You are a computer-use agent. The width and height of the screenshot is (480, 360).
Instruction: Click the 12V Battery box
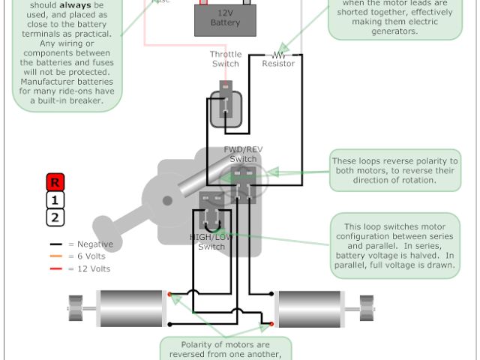click(x=224, y=19)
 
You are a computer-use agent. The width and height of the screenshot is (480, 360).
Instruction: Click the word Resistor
click(x=278, y=64)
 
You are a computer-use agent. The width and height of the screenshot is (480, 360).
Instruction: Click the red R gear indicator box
click(x=55, y=181)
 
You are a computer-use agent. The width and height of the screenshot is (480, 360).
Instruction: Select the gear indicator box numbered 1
click(x=55, y=199)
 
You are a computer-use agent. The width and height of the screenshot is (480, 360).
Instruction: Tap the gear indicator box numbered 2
click(x=55, y=218)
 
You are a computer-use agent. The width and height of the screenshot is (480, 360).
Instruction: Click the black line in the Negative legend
click(x=55, y=244)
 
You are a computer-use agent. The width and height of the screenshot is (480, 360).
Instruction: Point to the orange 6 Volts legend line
click(x=55, y=256)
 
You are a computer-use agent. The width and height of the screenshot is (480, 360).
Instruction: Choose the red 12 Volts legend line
click(x=55, y=268)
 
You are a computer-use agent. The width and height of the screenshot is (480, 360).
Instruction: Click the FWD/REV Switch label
click(x=244, y=154)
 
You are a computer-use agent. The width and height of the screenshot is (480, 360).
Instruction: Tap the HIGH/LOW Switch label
click(x=211, y=241)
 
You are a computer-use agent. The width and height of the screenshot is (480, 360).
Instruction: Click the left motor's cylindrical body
click(x=131, y=308)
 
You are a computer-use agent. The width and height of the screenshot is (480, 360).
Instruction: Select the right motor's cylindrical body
click(x=310, y=308)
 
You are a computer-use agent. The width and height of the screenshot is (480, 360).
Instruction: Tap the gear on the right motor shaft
click(x=367, y=308)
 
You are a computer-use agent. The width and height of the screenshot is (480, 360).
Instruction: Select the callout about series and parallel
click(x=395, y=245)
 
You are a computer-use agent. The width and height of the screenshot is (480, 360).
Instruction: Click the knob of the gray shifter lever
click(x=104, y=224)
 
